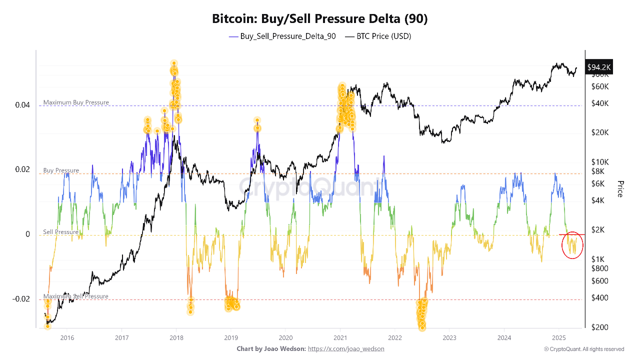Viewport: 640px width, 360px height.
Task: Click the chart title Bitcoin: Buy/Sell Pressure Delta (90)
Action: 320,19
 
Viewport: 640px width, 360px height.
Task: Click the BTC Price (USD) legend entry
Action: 378,36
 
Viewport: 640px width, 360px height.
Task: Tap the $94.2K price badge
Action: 599,67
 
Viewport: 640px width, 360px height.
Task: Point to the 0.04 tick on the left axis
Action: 22,105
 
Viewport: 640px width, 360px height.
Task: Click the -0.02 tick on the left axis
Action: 21,299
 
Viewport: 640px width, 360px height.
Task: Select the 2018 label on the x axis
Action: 176,337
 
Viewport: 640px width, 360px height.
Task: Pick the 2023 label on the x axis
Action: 449,337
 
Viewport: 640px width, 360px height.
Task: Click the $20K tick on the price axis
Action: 600,132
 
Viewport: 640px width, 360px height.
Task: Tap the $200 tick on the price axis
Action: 599,327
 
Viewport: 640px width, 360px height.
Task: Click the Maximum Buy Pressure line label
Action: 76,102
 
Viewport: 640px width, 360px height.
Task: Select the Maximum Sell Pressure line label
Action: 75,296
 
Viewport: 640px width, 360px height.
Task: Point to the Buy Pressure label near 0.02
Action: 61,170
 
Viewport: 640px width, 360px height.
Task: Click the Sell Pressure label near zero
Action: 60,232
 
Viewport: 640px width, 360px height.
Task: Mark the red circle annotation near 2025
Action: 572,245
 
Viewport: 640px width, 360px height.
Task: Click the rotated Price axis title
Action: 620,188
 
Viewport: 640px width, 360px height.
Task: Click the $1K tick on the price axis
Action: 598,259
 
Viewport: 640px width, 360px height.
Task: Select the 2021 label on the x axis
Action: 340,337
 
